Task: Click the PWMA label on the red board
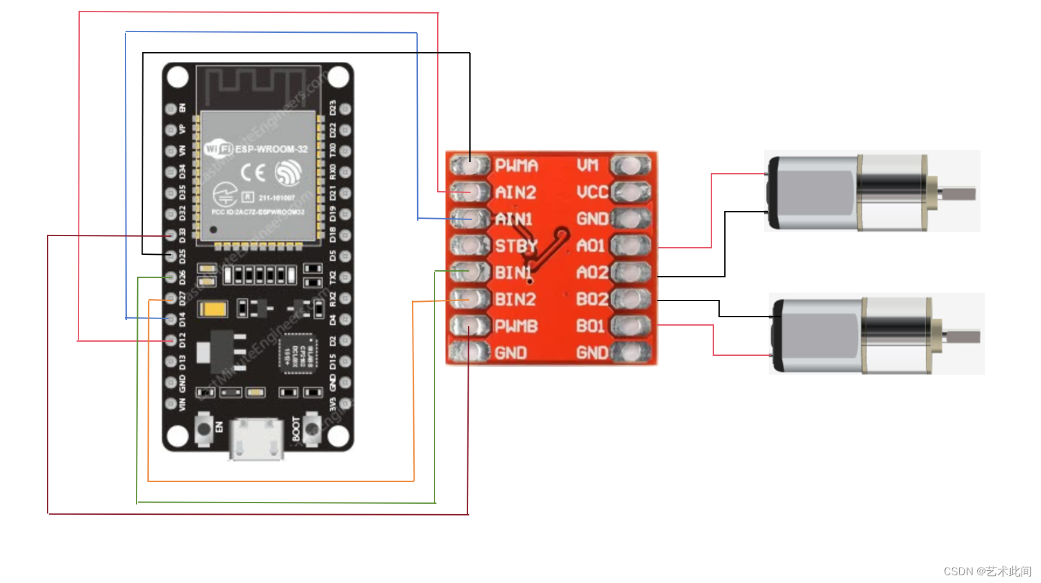[516, 166]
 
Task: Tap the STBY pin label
[515, 246]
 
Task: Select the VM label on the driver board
[588, 165]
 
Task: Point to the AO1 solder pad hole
[630, 245]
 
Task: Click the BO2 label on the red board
[592, 299]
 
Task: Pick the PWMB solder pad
[469, 326]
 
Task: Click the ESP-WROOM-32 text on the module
[271, 149]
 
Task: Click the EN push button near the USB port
[204, 429]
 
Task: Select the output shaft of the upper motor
[958, 193]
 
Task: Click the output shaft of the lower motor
[962, 336]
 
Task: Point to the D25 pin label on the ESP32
[182, 256]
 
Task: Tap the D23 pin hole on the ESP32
[345, 109]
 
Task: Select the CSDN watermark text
[986, 571]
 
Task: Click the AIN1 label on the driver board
[514, 219]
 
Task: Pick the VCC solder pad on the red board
[630, 192]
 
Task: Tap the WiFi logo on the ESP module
[218, 149]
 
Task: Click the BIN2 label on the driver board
[515, 299]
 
